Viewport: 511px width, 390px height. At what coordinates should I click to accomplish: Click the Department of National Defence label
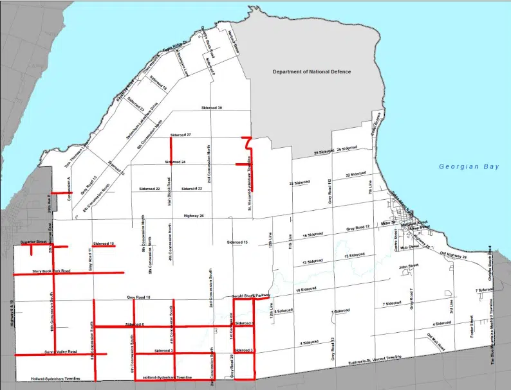[312, 72]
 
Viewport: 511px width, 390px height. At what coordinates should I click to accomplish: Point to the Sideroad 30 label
[212, 108]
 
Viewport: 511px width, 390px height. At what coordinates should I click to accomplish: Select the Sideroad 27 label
[181, 136]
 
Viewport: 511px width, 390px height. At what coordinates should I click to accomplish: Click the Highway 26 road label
[193, 216]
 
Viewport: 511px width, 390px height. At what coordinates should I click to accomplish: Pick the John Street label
[404, 267]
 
